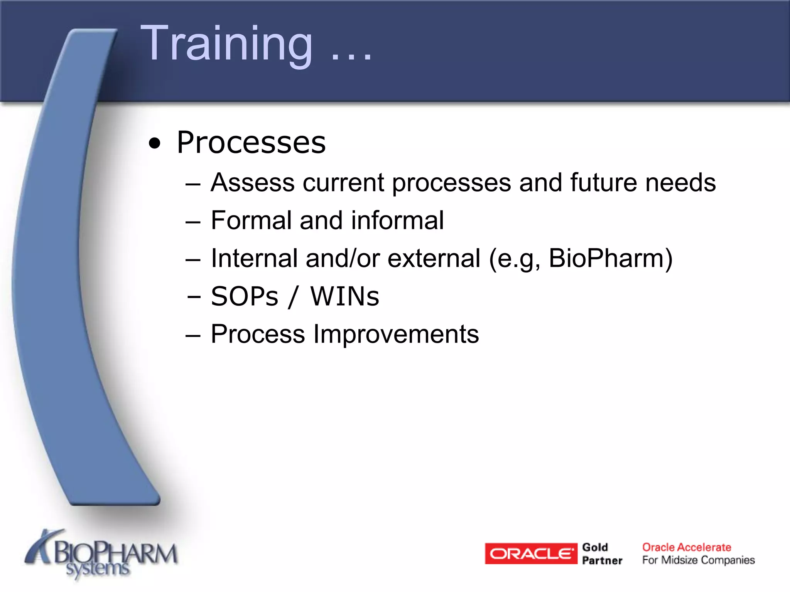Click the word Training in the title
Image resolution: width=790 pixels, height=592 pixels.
point(227,43)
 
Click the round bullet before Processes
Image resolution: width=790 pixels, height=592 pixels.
point(155,143)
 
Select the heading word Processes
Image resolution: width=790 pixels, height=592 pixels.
point(251,143)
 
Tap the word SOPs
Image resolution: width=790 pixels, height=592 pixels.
point(244,296)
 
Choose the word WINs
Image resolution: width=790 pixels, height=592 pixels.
point(345,296)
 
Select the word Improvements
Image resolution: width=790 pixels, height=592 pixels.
point(396,334)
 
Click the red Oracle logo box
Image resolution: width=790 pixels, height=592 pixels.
point(531,553)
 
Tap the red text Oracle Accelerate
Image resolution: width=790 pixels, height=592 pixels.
point(687,547)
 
